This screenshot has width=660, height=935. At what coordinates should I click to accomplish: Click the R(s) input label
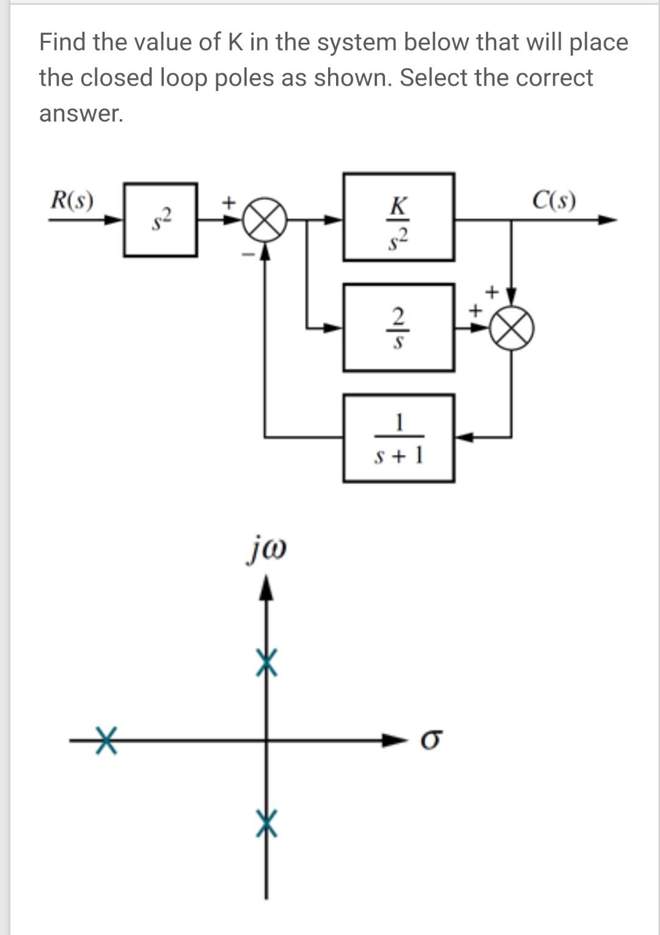(x=71, y=200)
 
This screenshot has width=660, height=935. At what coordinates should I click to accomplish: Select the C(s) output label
(x=554, y=200)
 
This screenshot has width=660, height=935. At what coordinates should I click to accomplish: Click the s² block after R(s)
(x=160, y=220)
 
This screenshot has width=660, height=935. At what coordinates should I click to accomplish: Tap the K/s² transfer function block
(x=398, y=217)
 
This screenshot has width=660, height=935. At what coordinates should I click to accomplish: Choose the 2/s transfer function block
(x=398, y=327)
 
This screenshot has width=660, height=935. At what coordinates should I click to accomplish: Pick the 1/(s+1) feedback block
(x=398, y=438)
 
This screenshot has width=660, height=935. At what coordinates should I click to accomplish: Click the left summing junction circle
(x=264, y=220)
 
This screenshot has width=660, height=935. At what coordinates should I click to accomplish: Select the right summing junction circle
(x=512, y=328)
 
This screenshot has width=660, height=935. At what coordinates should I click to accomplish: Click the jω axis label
(x=266, y=550)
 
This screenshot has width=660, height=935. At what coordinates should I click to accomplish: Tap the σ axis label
(x=430, y=741)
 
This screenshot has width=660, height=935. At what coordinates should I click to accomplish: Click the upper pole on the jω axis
(x=266, y=663)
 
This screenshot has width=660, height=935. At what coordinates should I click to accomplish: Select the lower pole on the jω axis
(x=266, y=823)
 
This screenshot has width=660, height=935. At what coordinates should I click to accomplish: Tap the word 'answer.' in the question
(x=81, y=114)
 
